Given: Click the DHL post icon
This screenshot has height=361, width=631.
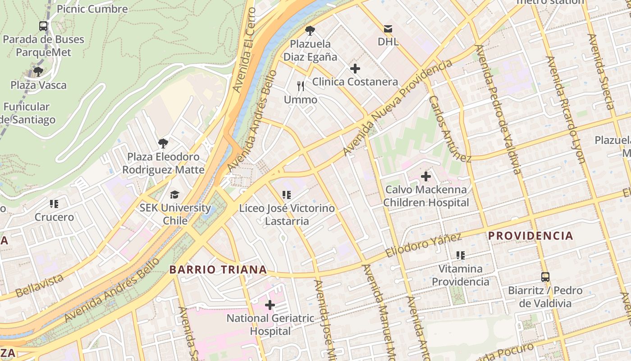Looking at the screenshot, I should point(388,29).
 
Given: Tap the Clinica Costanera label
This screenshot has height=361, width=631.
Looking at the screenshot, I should point(355,82).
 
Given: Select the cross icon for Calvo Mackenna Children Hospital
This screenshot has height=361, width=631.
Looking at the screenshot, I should point(425,176).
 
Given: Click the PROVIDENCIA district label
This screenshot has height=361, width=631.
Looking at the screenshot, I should point(530,236).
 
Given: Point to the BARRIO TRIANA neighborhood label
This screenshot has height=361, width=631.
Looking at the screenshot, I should point(218,270).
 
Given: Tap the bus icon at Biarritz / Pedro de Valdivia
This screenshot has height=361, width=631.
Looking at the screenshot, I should point(545,277).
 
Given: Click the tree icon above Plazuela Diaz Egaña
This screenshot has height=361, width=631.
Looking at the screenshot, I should point(310,31).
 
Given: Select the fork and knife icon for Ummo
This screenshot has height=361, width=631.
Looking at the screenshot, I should point(301,86).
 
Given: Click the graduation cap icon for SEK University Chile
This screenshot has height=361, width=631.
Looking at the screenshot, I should point(174,194).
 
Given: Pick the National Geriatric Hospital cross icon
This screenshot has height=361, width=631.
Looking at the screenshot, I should point(270,305).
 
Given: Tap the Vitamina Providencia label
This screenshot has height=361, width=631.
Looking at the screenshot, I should point(460,275).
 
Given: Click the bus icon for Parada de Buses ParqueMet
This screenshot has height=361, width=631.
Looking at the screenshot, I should point(43,26).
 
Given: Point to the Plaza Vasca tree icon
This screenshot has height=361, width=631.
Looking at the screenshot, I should point(38,72).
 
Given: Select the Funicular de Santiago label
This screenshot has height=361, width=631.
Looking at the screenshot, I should point(27,113).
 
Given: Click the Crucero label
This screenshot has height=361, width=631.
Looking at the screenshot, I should point(54,217).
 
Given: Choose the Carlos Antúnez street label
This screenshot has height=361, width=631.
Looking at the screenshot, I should point(449,129).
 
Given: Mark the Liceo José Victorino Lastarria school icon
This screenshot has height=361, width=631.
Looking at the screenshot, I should point(286,195).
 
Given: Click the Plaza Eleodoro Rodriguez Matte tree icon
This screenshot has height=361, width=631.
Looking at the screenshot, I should point(163,143).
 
